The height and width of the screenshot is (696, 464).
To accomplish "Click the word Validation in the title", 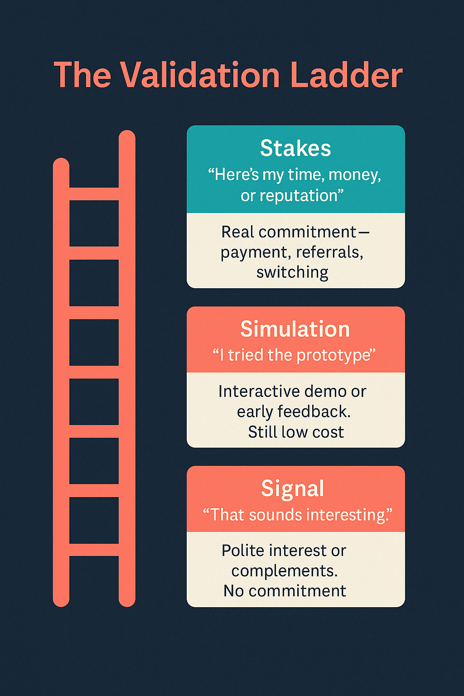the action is click(x=200, y=75).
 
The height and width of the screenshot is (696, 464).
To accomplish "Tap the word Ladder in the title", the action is click(x=346, y=75).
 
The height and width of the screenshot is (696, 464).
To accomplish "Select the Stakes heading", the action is click(x=295, y=148).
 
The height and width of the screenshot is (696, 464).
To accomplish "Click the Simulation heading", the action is click(x=295, y=329).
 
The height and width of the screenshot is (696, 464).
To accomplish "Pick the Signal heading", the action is click(x=293, y=488).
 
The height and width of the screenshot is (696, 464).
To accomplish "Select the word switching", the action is click(x=292, y=272).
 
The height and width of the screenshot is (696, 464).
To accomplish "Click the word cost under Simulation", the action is click(x=328, y=432).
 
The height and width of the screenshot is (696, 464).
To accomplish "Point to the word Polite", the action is click(x=242, y=551).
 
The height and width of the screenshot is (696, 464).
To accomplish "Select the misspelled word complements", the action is click(x=285, y=571).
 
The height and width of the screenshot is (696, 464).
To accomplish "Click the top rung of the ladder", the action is click(x=94, y=194).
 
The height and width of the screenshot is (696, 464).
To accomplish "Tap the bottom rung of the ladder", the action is click(x=94, y=550).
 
